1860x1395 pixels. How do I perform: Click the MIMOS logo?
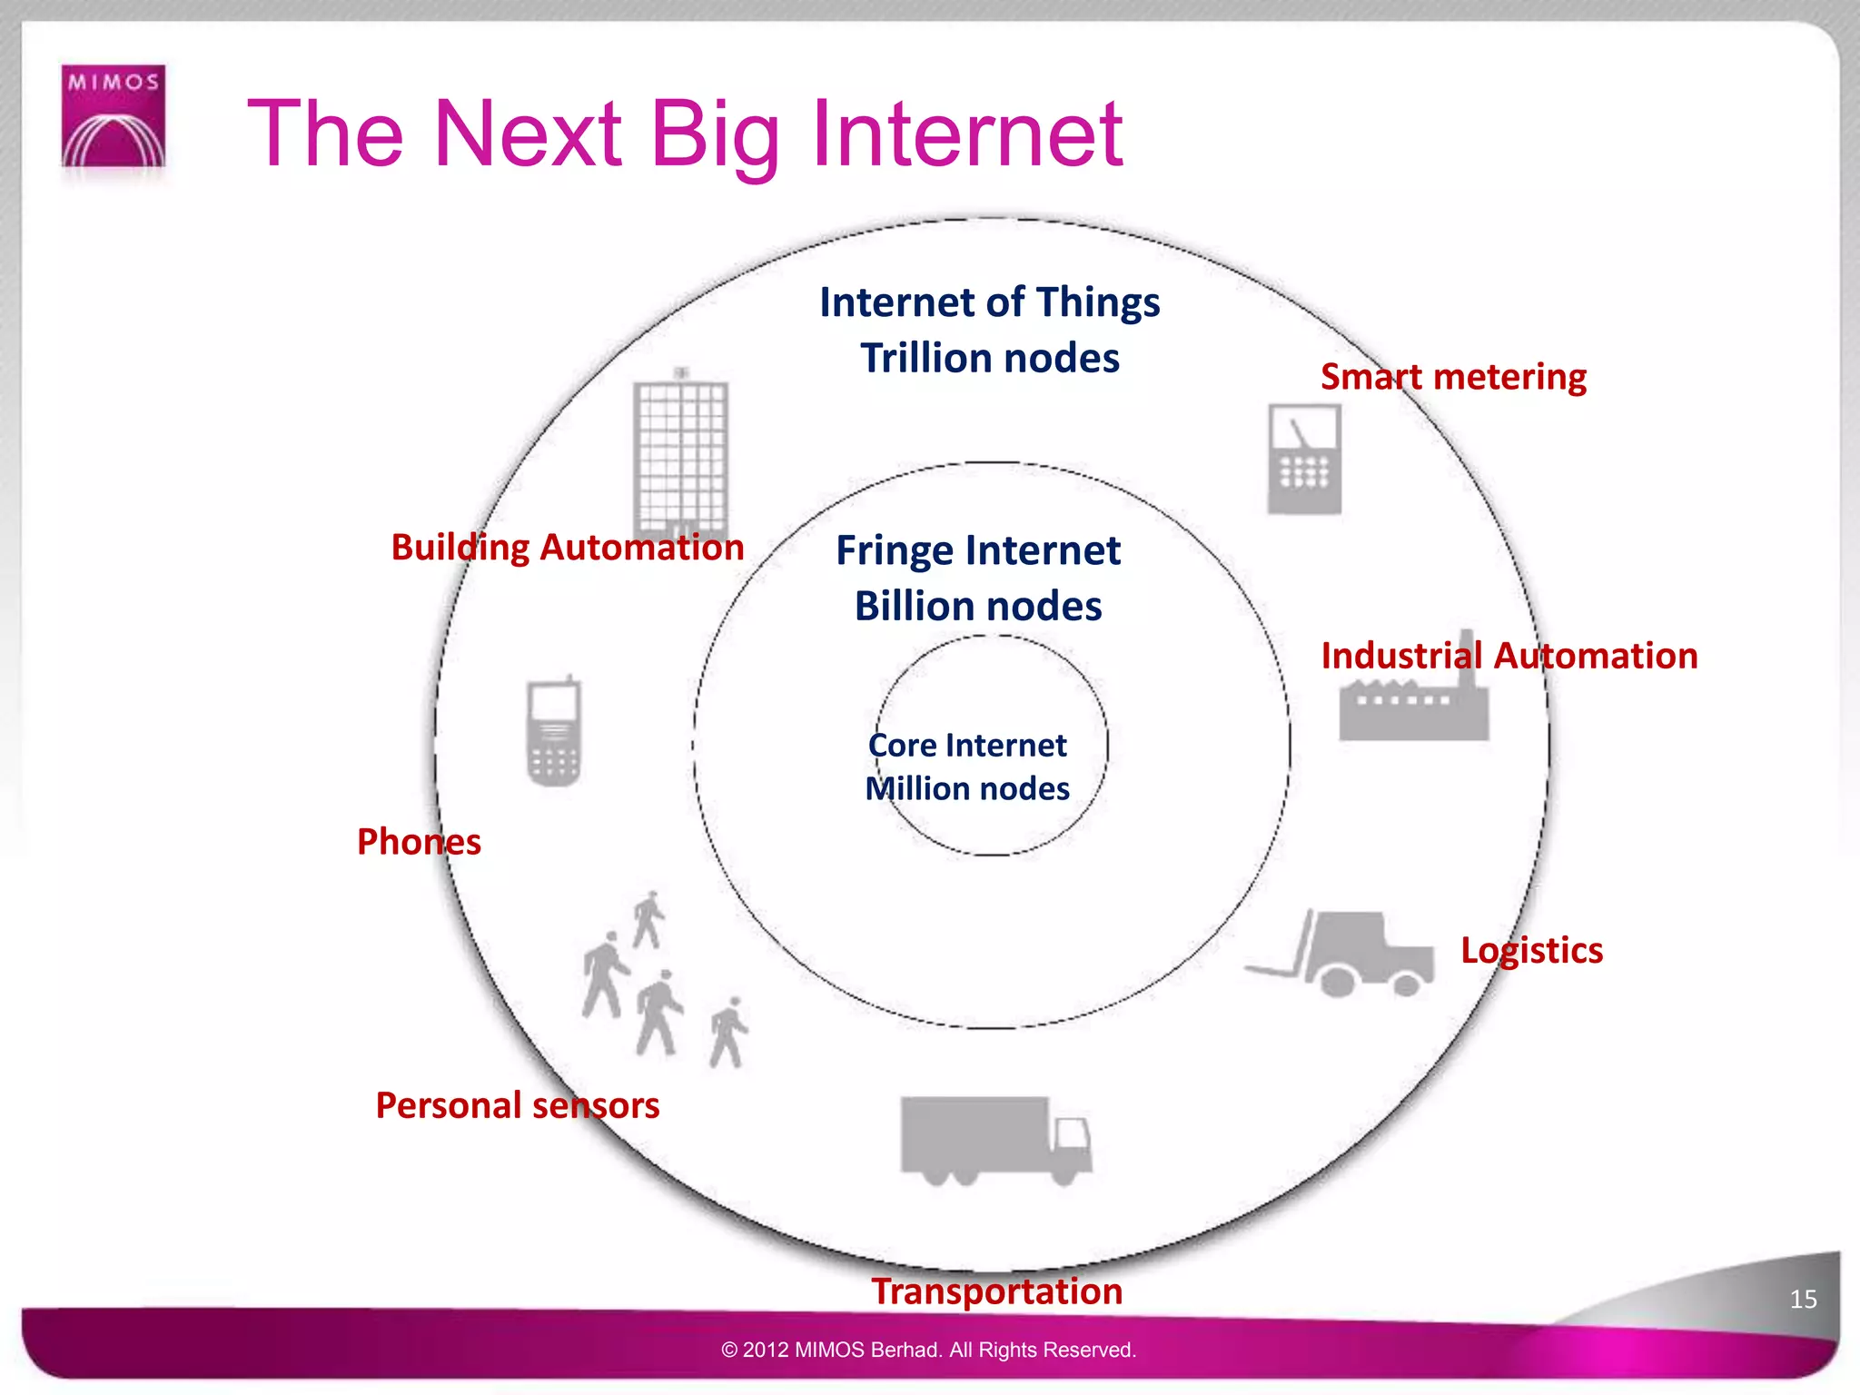(114, 116)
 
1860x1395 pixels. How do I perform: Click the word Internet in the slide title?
(967, 134)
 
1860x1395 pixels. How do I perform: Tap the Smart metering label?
(1453, 377)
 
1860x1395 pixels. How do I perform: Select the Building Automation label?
(568, 548)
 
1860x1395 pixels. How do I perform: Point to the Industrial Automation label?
(1509, 656)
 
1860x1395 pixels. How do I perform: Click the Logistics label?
(1531, 950)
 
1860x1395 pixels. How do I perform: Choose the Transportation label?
(996, 1291)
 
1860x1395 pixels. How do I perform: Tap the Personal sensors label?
(518, 1105)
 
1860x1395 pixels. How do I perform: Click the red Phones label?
(419, 842)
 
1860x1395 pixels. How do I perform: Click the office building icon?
(681, 454)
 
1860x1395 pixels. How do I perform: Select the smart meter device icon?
(1304, 459)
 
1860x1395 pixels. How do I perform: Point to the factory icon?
(1413, 695)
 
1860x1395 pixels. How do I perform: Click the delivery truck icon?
(994, 1140)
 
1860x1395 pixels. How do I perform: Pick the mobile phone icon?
(553, 731)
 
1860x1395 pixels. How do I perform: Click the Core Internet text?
(967, 746)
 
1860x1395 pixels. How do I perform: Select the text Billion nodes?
(978, 606)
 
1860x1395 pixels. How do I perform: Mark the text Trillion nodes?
(990, 358)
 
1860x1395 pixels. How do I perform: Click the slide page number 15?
(1803, 1299)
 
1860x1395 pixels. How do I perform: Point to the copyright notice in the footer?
(928, 1350)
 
